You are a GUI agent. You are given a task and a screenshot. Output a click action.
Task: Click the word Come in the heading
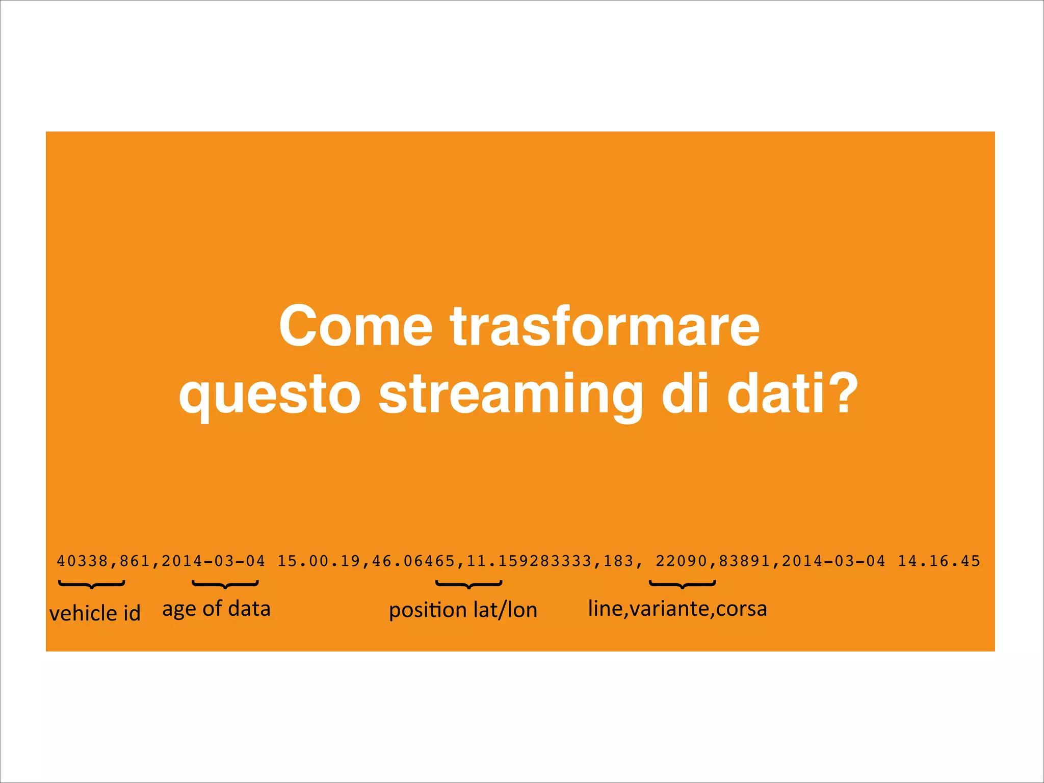point(355,326)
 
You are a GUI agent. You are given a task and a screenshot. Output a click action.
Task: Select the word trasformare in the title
point(605,326)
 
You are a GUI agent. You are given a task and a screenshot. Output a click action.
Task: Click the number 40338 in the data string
point(83,561)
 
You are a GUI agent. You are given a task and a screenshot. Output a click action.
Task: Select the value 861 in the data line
point(135,561)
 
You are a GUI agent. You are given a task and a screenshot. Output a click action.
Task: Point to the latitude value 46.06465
point(413,561)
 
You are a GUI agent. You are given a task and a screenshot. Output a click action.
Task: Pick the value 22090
point(682,561)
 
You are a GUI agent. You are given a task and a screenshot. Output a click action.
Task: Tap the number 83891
point(744,561)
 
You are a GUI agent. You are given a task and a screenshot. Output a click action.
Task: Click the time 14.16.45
point(939,561)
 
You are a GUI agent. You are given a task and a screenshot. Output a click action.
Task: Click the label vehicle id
point(95,613)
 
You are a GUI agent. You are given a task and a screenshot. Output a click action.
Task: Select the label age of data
point(216,609)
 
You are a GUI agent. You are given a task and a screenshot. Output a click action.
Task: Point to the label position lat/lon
point(463,610)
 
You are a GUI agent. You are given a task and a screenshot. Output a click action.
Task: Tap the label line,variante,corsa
point(677,609)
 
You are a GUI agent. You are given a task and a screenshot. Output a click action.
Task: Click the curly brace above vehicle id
point(92,584)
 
